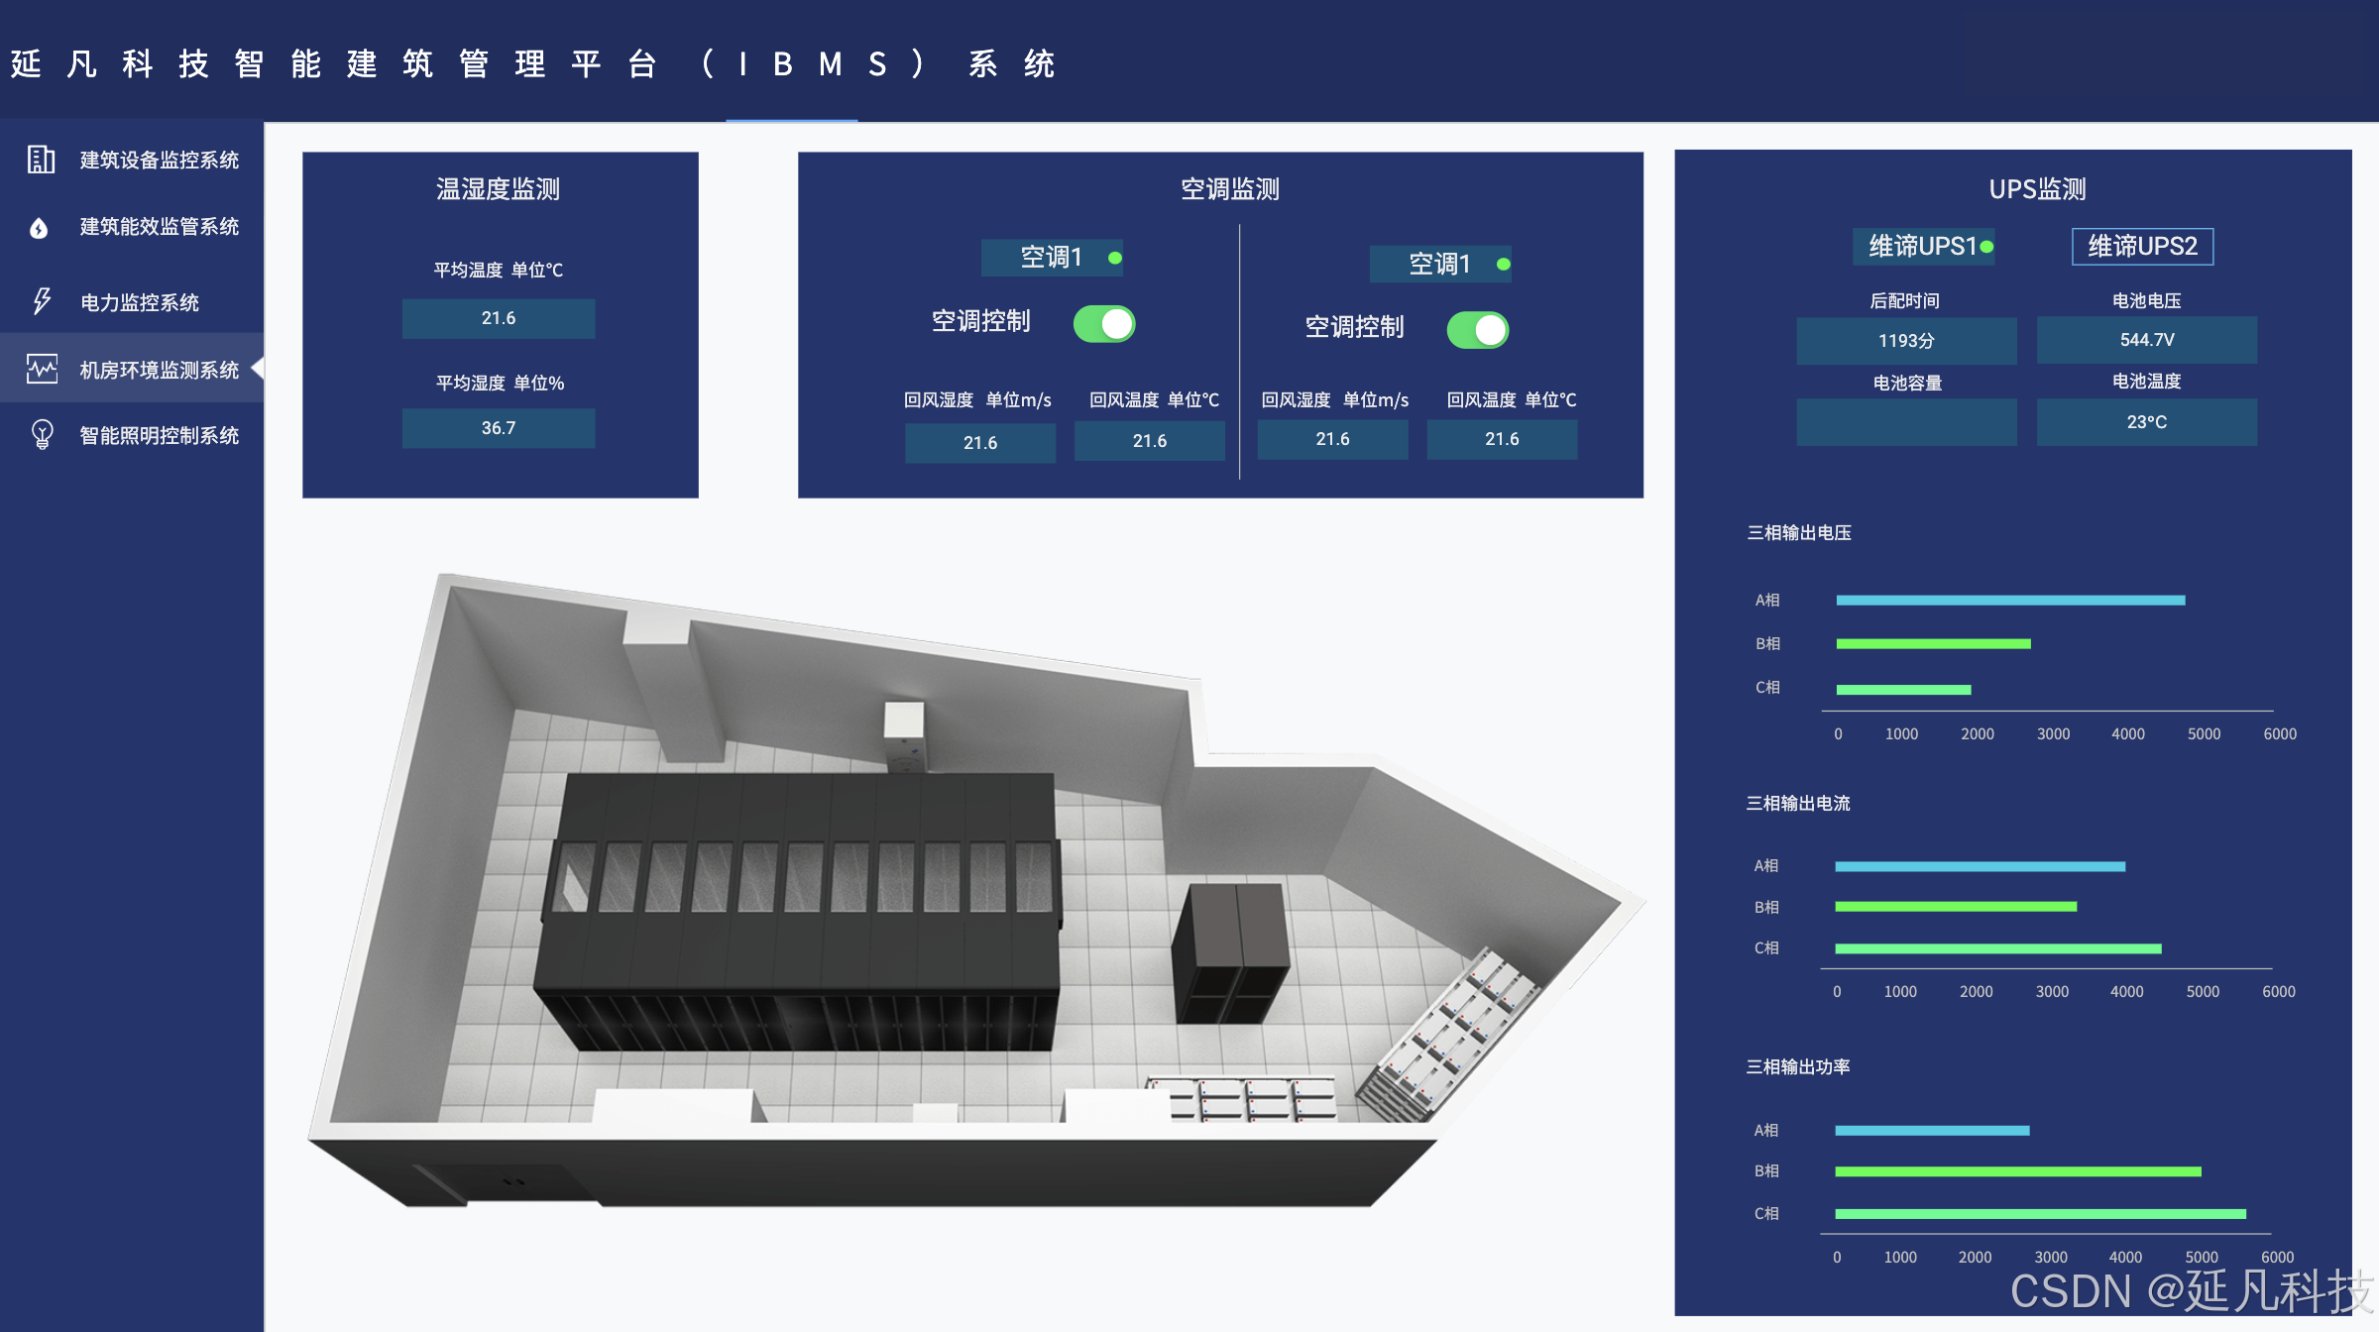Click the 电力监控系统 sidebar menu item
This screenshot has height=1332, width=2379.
139,302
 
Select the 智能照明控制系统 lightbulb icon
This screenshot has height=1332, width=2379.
42,434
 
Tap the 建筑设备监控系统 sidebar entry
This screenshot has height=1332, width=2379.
159,160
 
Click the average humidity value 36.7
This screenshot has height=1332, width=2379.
499,428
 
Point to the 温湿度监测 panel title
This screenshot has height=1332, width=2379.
499,188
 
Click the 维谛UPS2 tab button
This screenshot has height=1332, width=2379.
2142,246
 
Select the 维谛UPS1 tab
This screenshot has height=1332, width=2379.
1923,246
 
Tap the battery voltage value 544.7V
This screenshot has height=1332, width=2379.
2147,340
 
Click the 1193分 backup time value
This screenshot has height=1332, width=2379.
1906,341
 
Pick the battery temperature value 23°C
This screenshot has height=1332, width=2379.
2147,422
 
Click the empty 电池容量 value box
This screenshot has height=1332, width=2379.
1906,422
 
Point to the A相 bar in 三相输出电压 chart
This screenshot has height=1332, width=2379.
2010,601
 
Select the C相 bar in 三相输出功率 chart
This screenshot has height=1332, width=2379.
2040,1214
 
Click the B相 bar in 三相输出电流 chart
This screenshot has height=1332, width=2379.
1956,907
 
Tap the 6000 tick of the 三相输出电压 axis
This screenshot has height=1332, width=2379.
2280,734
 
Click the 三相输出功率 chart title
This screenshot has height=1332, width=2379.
1798,1066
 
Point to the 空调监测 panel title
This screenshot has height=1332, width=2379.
1229,188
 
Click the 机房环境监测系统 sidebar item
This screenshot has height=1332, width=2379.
159,370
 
